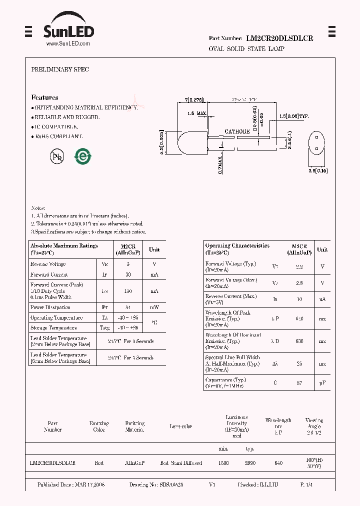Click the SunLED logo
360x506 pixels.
(x=68, y=28)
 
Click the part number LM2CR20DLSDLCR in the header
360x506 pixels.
(x=279, y=38)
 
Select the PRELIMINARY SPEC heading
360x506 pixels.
(x=60, y=69)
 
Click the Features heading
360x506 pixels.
(x=44, y=97)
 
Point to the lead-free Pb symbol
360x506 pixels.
(x=57, y=157)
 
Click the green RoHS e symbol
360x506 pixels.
(x=83, y=156)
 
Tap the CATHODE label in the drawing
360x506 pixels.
(x=237, y=131)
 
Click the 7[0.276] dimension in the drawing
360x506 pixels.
(x=193, y=100)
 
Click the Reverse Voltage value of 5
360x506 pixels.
(x=128, y=264)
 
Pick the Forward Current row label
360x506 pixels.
(x=49, y=274)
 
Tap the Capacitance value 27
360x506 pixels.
(x=299, y=382)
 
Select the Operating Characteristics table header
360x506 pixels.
(x=237, y=248)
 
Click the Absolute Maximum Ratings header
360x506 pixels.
(x=64, y=248)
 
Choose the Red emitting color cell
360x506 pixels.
(x=99, y=463)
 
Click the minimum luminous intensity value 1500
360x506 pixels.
(x=223, y=463)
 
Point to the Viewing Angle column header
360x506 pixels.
(x=314, y=426)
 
